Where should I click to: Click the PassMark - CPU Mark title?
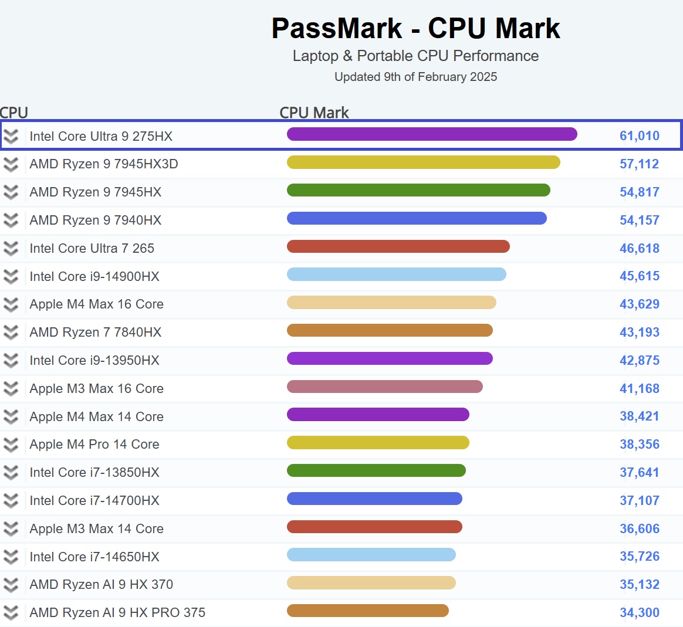(x=415, y=28)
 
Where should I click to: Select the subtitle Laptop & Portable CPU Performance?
(x=415, y=56)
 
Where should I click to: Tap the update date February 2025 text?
(x=415, y=77)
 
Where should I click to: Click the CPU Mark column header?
(x=314, y=113)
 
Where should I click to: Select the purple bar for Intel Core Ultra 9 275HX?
(x=432, y=134)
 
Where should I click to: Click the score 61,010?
(x=640, y=136)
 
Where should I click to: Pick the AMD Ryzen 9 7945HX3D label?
(x=104, y=164)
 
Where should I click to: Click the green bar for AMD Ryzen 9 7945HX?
(x=418, y=190)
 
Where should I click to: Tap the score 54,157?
(x=640, y=221)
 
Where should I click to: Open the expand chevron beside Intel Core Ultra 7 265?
(x=11, y=249)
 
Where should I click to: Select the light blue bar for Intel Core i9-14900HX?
(x=396, y=274)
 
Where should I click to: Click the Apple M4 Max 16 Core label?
(x=97, y=304)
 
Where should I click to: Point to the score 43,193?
(x=640, y=333)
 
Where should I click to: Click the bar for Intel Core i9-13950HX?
(x=390, y=358)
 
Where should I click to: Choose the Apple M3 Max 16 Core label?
(x=97, y=389)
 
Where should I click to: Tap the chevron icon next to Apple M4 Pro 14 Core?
(x=11, y=445)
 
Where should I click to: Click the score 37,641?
(x=640, y=473)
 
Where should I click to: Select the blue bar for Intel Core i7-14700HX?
(x=374, y=499)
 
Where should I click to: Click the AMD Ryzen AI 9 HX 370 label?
(x=102, y=585)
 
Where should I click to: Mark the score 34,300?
(x=640, y=613)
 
